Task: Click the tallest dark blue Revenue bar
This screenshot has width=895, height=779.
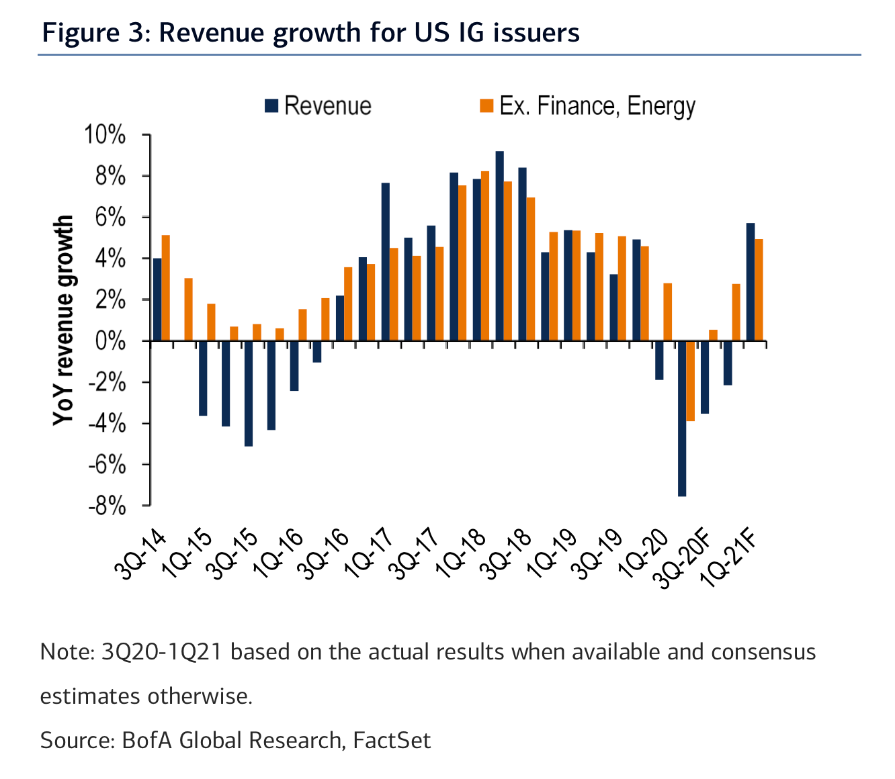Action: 499,246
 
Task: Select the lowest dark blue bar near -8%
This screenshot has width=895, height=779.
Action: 681,418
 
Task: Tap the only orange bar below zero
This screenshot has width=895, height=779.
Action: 690,381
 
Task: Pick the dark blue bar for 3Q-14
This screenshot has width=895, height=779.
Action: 157,300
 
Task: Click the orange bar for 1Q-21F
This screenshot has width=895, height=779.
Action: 759,290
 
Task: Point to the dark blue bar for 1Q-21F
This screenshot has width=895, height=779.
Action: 751,282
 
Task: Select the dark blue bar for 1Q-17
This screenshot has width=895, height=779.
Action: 386,262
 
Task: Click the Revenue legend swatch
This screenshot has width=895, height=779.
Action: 271,106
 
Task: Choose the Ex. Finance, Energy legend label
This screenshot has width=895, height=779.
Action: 597,106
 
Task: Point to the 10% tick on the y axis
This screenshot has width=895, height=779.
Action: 146,134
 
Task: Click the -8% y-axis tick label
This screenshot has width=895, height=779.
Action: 108,507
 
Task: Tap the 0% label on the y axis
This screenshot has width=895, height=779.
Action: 110,341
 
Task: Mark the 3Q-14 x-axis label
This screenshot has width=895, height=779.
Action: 140,555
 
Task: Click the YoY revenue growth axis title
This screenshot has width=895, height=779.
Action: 62,320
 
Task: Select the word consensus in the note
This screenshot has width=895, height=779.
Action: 763,652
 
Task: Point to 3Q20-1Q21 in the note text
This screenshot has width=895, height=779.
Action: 161,652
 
